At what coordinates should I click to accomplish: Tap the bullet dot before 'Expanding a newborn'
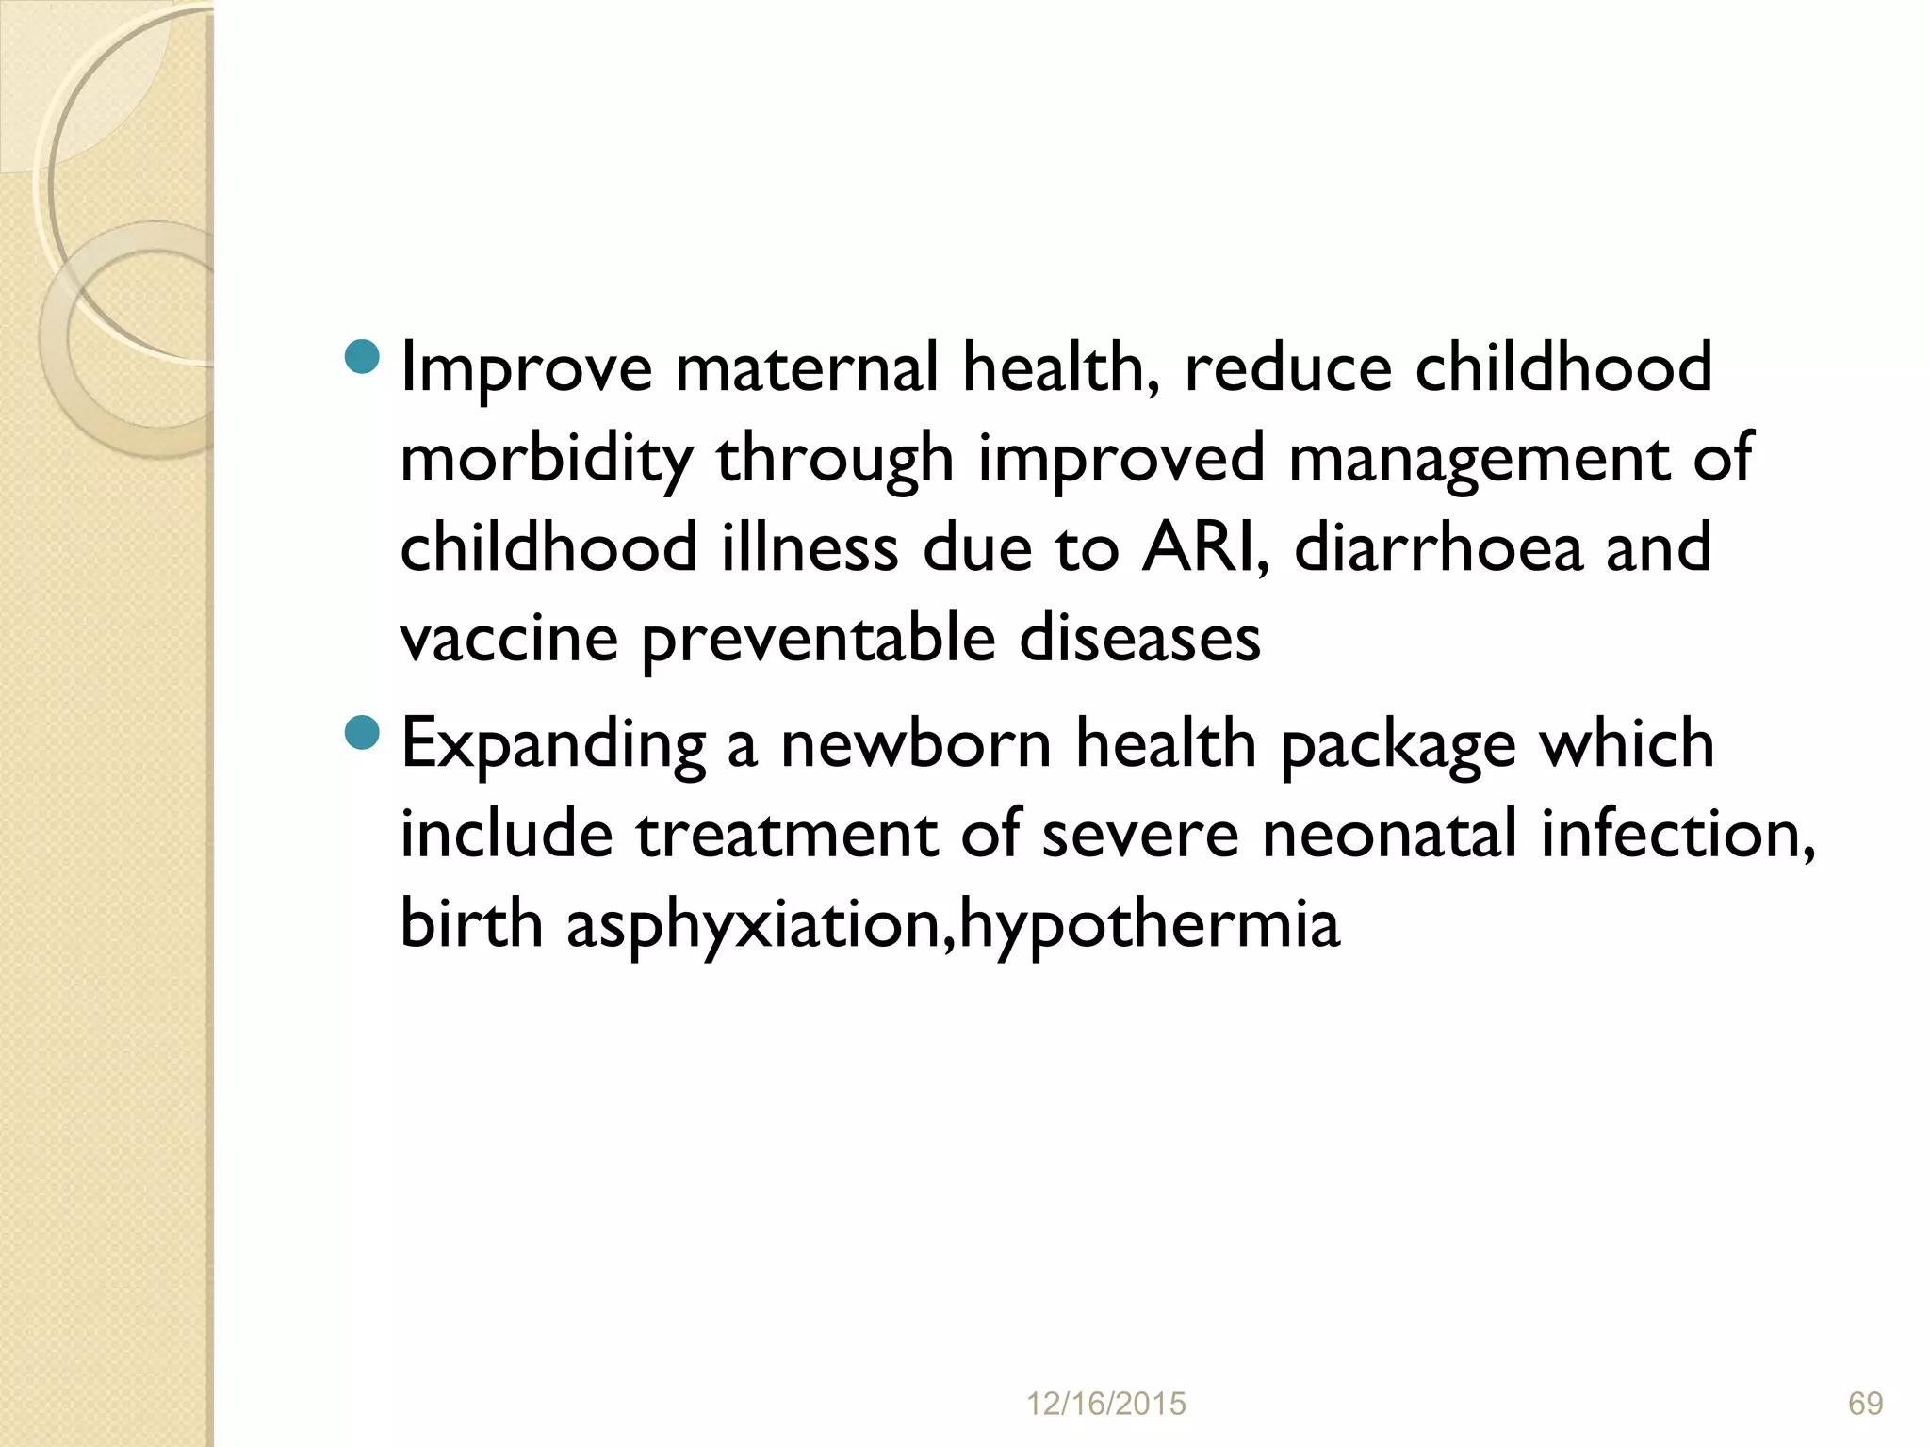(363, 732)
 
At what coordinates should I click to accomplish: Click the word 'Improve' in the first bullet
(526, 367)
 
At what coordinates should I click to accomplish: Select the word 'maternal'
(807, 367)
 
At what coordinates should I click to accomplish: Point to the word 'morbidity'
(547, 459)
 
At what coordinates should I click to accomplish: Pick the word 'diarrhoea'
(1438, 548)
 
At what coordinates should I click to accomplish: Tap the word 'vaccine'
(509, 639)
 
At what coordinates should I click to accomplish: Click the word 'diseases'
(1139, 639)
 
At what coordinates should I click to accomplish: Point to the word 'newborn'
(915, 744)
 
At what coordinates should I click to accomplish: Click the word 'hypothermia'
(1149, 926)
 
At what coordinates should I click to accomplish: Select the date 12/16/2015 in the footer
(1105, 1405)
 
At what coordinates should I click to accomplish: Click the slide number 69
(1865, 1405)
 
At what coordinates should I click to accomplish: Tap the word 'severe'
(1139, 835)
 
